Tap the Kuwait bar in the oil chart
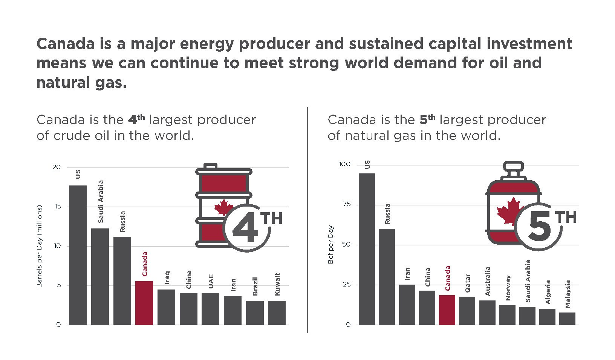[277, 313]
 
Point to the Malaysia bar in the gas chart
[567, 318]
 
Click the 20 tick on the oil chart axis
[57, 167]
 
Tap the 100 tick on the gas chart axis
[344, 164]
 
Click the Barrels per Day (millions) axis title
[39, 246]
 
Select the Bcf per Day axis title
[330, 245]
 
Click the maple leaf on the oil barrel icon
[223, 207]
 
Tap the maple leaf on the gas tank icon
[510, 210]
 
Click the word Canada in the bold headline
[66, 44]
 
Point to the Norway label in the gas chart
[508, 288]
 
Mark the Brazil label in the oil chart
[255, 286]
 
